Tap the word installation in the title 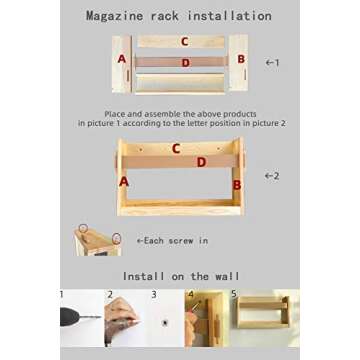point(225,16)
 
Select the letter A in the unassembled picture point(121,60)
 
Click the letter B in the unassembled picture point(240,59)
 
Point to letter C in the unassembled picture point(184,42)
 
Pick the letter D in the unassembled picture point(184,62)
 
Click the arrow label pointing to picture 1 point(271,62)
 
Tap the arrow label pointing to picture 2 point(270,176)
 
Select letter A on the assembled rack point(124,182)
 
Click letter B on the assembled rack point(237,184)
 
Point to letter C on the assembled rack point(176,149)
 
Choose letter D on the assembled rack point(201,161)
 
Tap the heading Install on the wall point(180,275)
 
